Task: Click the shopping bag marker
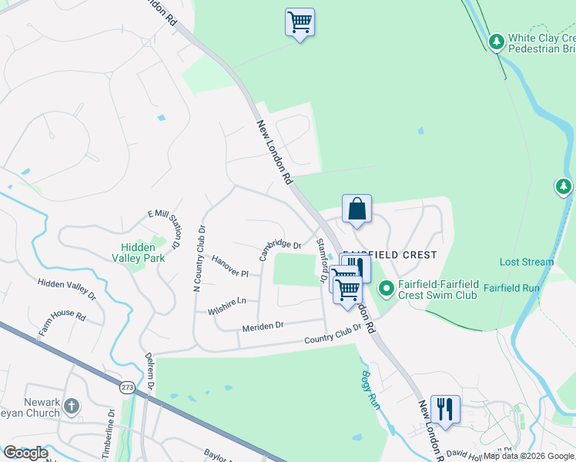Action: click(x=357, y=209)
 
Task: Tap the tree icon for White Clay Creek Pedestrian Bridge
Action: click(x=497, y=40)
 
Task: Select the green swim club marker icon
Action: click(x=385, y=290)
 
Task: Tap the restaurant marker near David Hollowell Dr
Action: click(x=444, y=408)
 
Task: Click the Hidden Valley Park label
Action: click(x=139, y=253)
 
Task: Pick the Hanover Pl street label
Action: click(x=230, y=268)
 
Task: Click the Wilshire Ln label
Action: click(x=226, y=306)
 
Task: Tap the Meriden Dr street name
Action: click(x=263, y=326)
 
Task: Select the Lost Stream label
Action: click(x=527, y=262)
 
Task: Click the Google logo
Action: click(x=25, y=453)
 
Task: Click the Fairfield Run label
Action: click(x=511, y=288)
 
